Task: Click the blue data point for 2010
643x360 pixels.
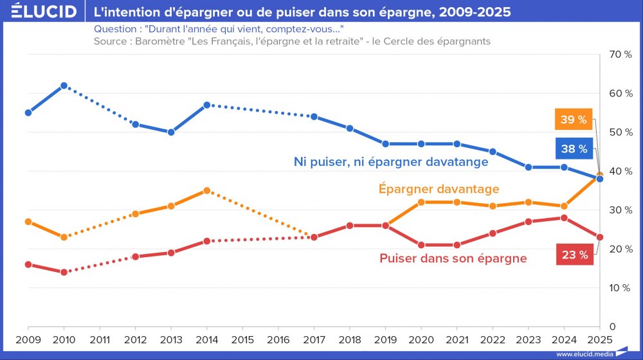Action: coord(64,85)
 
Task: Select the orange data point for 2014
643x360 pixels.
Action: coord(207,190)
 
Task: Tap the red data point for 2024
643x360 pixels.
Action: coord(564,218)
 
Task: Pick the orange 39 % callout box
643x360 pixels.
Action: coord(573,120)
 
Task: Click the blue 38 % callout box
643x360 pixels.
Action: coord(573,149)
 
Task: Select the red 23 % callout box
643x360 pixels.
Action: coord(574,255)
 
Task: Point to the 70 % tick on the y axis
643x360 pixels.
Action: coord(620,55)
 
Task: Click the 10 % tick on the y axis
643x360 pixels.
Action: coord(620,288)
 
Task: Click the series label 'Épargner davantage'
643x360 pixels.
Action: coord(439,189)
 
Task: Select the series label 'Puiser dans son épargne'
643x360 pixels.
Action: coord(453,258)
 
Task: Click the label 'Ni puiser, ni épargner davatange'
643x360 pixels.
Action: coord(391,162)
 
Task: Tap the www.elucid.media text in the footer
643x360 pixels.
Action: coord(583,354)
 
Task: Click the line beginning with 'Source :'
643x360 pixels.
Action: coord(292,41)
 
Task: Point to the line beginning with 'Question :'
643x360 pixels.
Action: coord(218,30)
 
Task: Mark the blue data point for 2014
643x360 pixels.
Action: coord(207,105)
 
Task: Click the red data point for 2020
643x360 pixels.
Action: coord(421,245)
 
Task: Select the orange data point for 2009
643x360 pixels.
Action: coord(28,222)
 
